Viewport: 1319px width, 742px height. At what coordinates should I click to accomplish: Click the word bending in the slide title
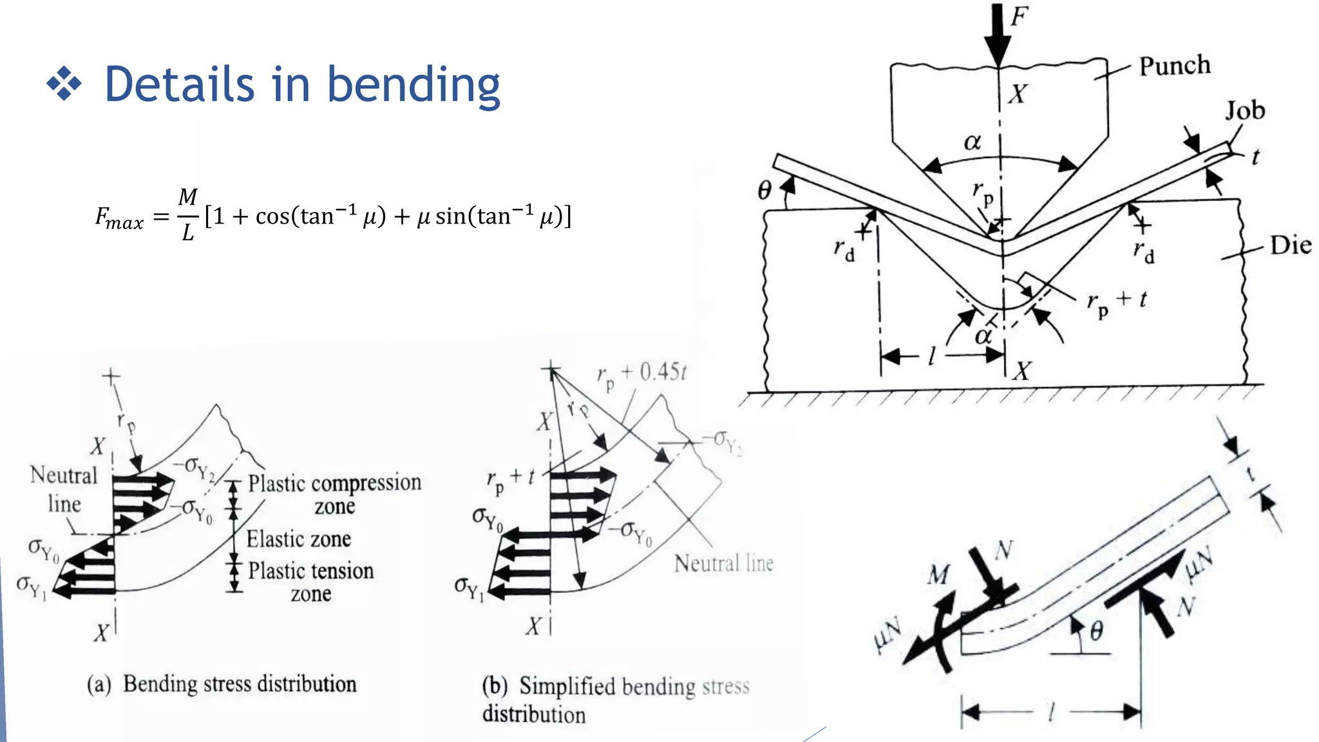click(x=413, y=85)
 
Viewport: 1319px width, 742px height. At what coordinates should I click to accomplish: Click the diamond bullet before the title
click(x=64, y=84)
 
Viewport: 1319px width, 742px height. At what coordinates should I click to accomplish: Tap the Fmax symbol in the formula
click(x=119, y=217)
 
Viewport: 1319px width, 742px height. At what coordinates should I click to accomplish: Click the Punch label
click(x=1174, y=66)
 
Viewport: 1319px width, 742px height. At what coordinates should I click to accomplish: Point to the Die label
click(x=1290, y=245)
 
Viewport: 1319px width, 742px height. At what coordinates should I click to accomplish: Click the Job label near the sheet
click(x=1244, y=111)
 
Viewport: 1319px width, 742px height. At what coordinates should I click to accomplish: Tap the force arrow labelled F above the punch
click(x=998, y=32)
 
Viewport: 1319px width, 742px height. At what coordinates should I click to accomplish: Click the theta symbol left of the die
click(x=764, y=190)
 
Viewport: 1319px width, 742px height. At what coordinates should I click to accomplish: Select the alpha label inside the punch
click(x=972, y=142)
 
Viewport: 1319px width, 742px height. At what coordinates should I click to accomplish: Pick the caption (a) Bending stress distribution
click(x=222, y=684)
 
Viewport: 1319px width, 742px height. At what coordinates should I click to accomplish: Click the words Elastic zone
click(x=299, y=538)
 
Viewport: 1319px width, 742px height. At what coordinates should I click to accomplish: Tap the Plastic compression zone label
click(x=334, y=493)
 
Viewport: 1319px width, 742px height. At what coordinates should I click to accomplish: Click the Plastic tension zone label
click(x=310, y=581)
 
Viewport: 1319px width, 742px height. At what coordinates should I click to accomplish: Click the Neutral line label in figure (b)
click(x=723, y=564)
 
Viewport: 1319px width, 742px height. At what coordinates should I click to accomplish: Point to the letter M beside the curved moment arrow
click(x=938, y=574)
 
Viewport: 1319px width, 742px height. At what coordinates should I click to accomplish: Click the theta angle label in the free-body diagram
click(x=1096, y=631)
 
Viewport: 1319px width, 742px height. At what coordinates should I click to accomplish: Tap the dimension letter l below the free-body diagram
click(x=1051, y=712)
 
